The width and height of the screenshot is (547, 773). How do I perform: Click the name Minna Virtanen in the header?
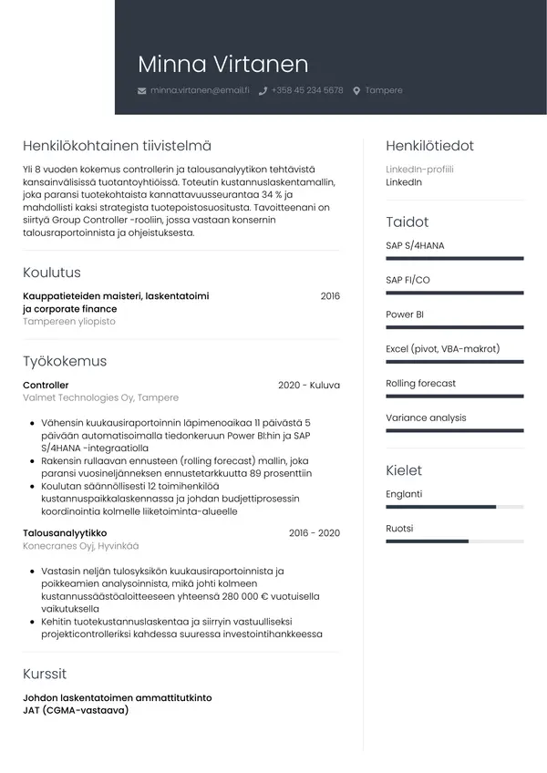(222, 64)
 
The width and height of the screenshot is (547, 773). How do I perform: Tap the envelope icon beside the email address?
(141, 91)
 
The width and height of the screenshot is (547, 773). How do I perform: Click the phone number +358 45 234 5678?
(307, 91)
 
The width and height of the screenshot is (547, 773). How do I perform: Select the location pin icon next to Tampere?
(356, 91)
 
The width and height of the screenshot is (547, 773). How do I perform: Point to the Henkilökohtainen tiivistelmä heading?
(117, 146)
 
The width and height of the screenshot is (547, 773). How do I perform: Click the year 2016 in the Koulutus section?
(330, 296)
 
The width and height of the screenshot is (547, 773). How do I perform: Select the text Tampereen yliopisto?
(69, 322)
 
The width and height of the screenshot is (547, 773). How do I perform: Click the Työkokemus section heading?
(65, 361)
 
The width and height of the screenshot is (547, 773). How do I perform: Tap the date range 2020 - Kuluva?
(308, 386)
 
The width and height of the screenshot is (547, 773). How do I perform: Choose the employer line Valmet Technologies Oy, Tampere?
(100, 398)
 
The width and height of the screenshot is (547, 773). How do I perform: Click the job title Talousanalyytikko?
(65, 533)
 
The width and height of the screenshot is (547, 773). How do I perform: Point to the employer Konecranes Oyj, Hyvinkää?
(81, 546)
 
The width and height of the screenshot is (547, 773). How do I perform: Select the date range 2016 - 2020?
(314, 533)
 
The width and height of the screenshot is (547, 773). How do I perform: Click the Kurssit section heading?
(45, 674)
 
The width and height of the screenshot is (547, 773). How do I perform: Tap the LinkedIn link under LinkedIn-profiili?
(404, 182)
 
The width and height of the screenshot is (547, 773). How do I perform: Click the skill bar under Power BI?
(454, 327)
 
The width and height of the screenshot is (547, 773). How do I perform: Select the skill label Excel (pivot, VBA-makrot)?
(442, 349)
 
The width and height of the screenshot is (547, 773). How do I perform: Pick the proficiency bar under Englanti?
(454, 507)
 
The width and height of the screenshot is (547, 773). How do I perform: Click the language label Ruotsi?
(399, 529)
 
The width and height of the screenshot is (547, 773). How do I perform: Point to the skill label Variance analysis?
(426, 417)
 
